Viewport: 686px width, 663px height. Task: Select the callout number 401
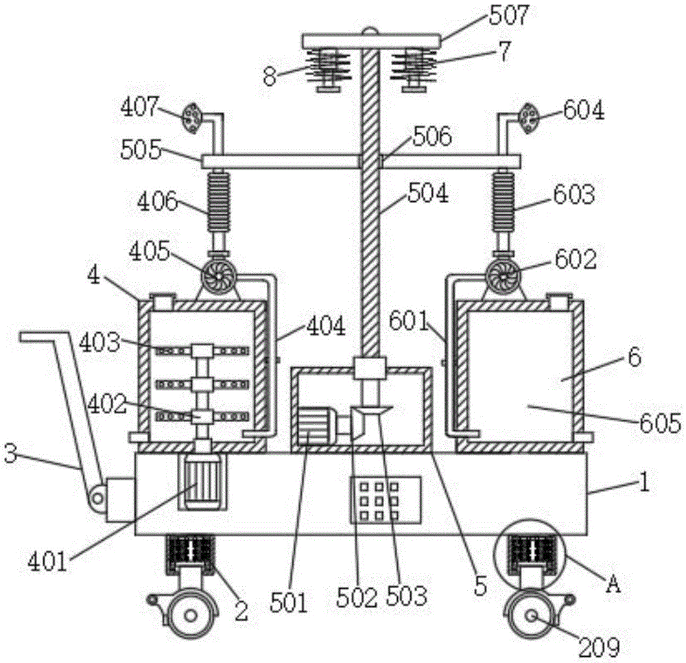click(46, 562)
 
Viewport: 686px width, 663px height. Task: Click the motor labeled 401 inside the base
click(199, 483)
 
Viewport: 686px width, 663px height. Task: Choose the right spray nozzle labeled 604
click(529, 118)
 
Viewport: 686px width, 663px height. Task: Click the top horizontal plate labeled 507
click(370, 41)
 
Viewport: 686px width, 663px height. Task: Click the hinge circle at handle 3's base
click(97, 496)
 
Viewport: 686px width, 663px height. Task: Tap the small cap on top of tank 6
click(558, 301)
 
